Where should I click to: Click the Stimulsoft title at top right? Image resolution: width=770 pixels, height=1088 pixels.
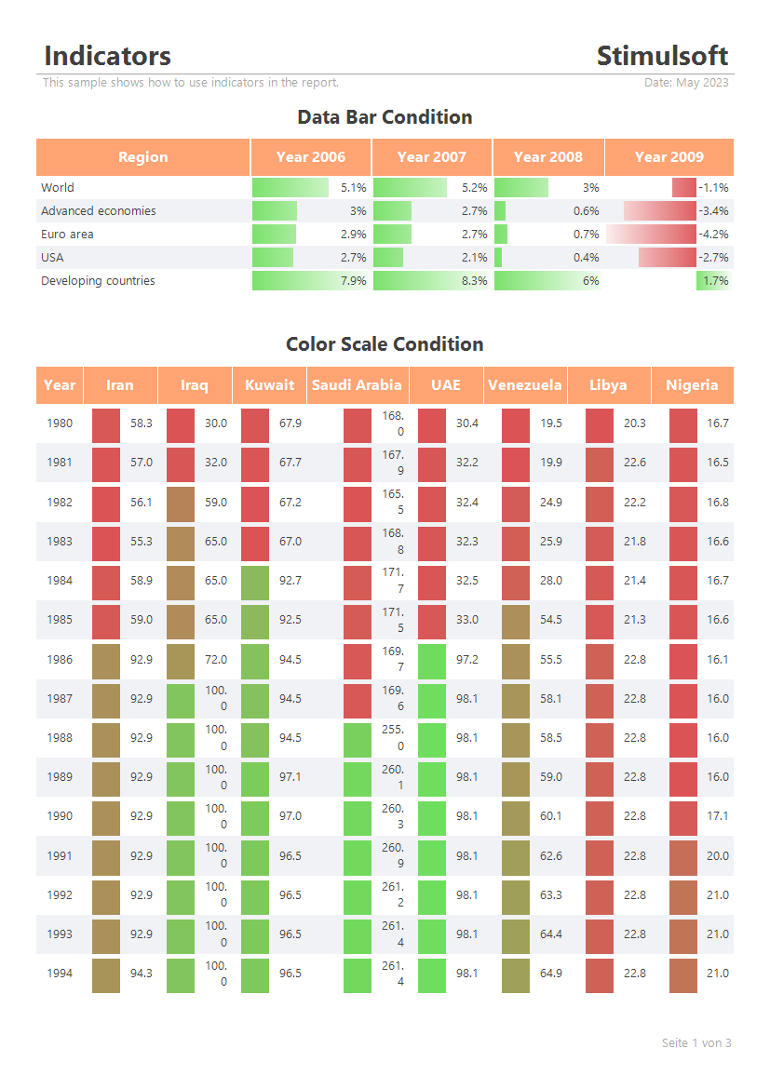[662, 56]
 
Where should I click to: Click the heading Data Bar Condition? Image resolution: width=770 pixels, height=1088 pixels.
[385, 116]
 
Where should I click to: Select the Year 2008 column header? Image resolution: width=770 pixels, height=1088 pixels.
[547, 156]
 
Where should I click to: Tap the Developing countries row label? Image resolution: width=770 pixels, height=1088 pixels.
[98, 280]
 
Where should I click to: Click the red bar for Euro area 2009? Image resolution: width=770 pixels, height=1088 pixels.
[651, 234]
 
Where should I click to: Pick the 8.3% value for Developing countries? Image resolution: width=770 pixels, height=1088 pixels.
[474, 280]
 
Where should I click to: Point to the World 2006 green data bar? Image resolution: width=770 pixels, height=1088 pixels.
[290, 187]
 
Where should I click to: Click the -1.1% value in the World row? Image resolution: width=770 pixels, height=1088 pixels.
[714, 187]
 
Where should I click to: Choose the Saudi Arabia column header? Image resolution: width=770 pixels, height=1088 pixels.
[357, 385]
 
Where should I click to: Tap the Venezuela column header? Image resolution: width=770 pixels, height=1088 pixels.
[525, 385]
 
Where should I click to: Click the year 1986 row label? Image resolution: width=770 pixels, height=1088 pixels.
[60, 659]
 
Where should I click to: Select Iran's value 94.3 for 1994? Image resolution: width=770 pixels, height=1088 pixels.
[141, 973]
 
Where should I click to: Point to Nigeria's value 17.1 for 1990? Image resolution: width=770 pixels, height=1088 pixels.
[717, 816]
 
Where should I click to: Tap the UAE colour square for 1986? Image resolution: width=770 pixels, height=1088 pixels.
[432, 661]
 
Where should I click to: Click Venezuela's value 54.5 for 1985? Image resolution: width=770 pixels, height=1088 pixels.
[551, 619]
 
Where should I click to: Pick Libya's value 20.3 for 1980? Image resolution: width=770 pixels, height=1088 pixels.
[635, 423]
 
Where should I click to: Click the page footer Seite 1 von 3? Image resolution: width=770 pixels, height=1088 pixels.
[696, 1043]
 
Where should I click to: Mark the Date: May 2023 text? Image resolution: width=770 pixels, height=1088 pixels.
[686, 83]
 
